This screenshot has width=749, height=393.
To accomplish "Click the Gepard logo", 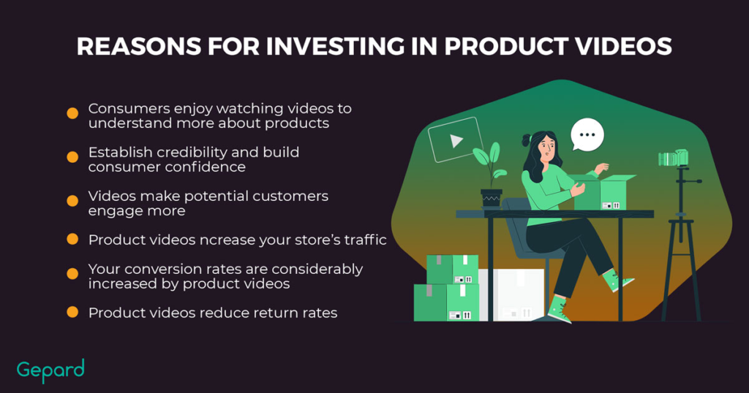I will click(50, 370).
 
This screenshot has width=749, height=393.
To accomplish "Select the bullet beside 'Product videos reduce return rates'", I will click(72, 312).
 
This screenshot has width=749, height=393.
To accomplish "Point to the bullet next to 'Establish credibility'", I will click(72, 157).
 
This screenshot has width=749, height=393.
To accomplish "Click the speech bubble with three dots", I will click(587, 136).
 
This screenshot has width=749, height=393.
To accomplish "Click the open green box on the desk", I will click(604, 192).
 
